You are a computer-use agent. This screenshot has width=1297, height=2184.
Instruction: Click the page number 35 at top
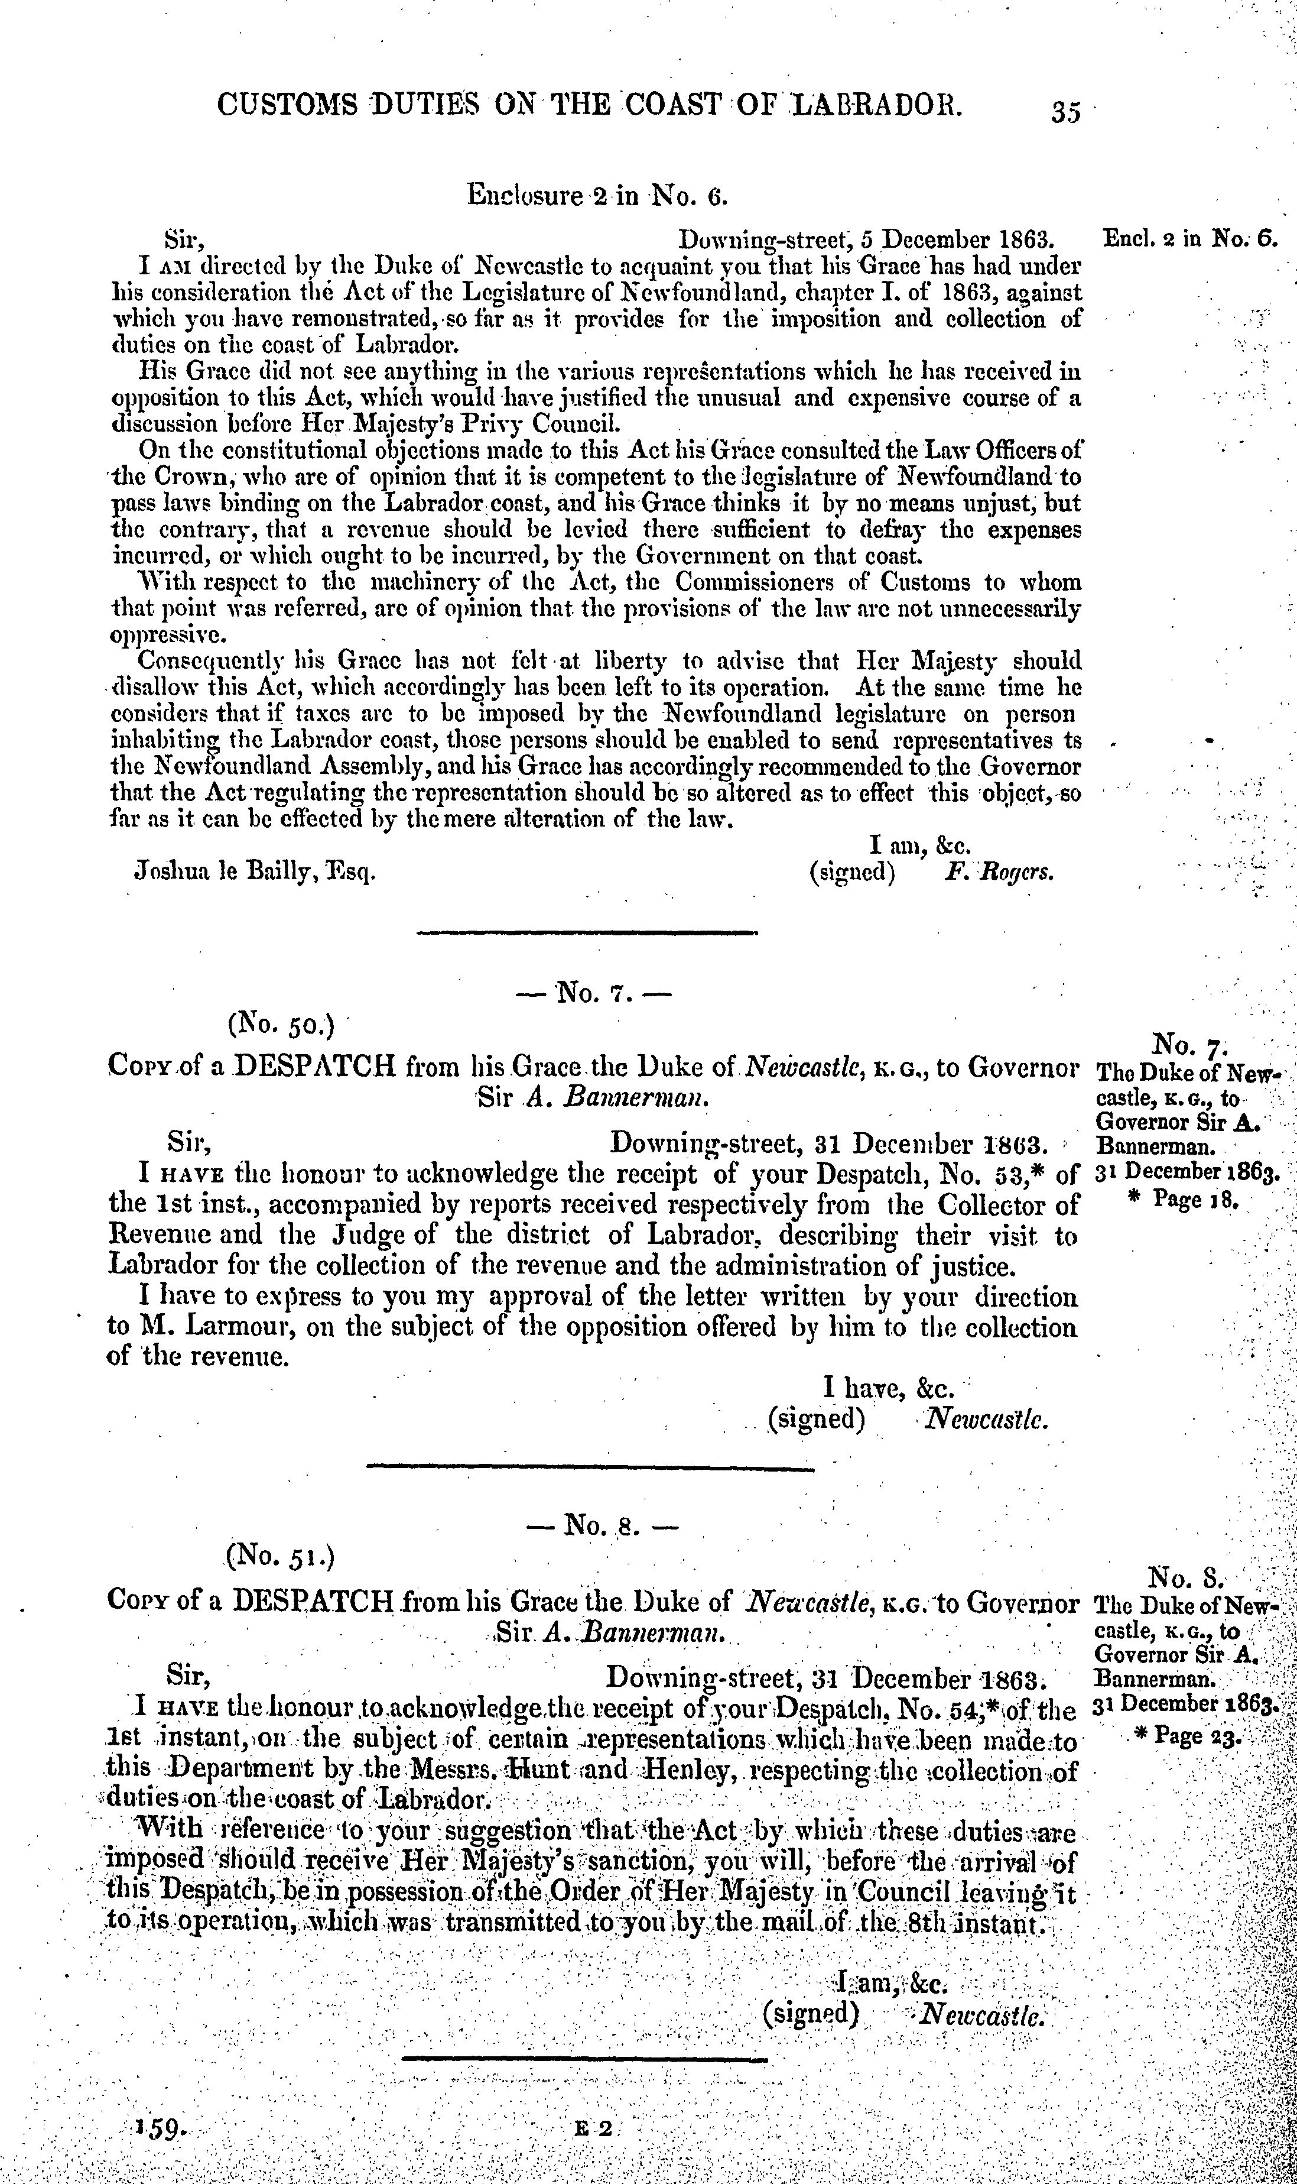[1067, 111]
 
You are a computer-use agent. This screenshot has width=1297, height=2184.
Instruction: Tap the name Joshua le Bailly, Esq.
[254, 871]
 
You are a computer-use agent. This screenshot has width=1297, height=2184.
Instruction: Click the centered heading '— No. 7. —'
[598, 994]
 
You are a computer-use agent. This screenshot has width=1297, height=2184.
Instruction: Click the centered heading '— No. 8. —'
[602, 1525]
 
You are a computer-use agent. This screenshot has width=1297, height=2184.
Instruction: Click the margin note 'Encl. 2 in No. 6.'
[1191, 239]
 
